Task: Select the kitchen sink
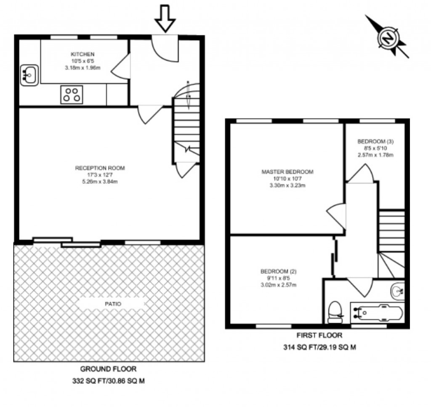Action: [x=29, y=75]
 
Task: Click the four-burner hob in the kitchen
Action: [x=71, y=95]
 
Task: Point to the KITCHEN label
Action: [x=82, y=54]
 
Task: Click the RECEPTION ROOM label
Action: [x=100, y=168]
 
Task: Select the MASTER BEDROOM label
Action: [x=287, y=172]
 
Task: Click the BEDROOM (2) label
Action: [x=278, y=271]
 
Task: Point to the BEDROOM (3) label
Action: [x=375, y=141]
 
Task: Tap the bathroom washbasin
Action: [x=397, y=291]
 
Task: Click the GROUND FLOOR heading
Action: [x=108, y=369]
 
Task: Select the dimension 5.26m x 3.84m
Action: [x=100, y=182]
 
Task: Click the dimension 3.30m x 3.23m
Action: [x=287, y=185]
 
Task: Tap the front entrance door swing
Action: [x=164, y=48]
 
